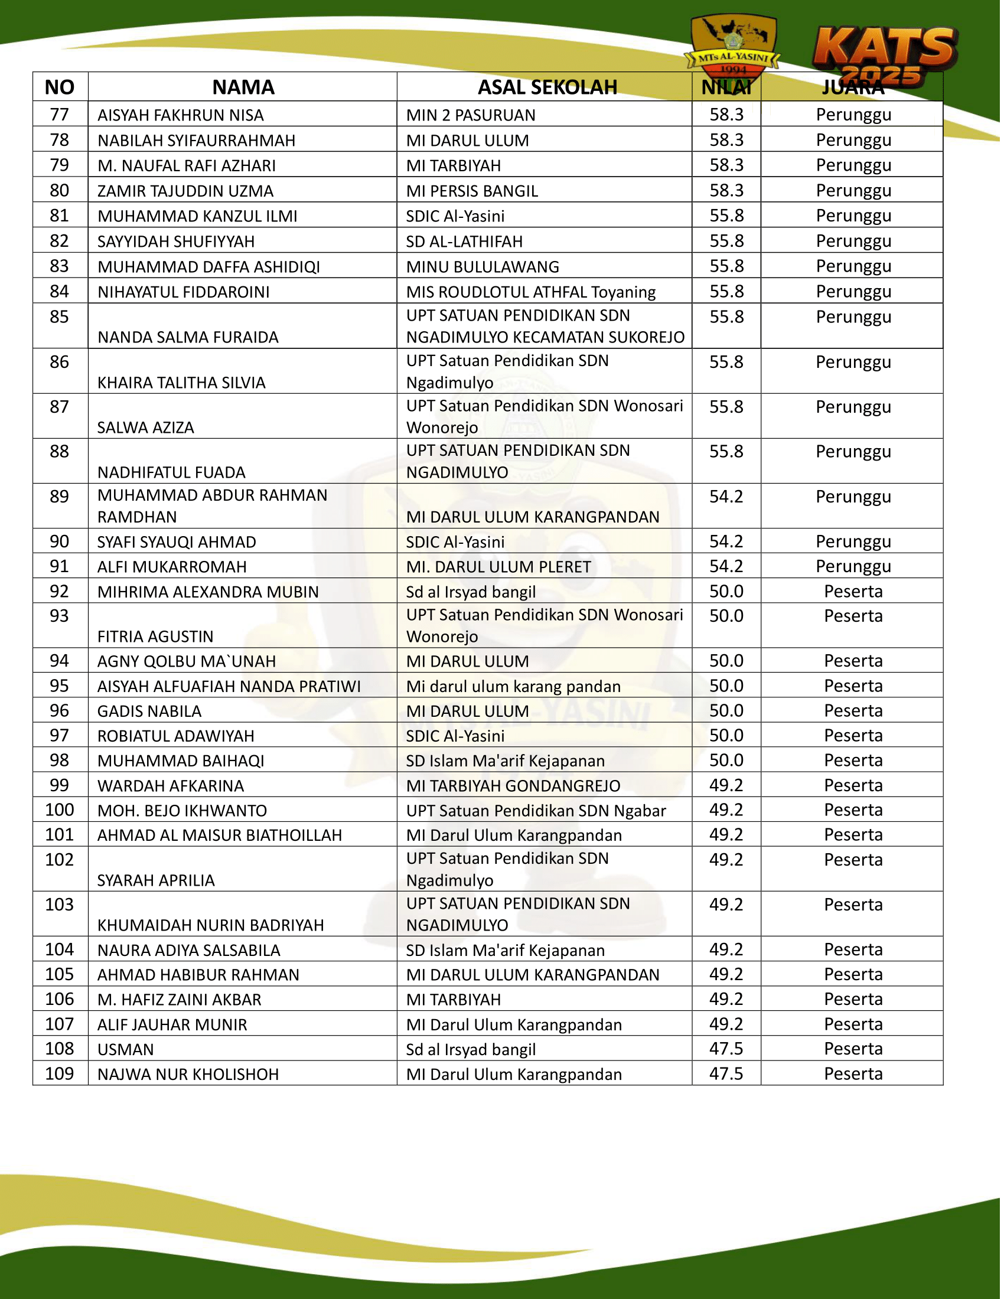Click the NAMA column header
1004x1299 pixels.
(x=244, y=87)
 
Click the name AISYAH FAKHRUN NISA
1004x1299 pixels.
(x=181, y=115)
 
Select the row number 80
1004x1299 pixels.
(x=60, y=191)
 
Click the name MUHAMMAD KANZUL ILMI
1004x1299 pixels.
(x=198, y=217)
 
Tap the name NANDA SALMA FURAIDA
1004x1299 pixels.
(x=188, y=338)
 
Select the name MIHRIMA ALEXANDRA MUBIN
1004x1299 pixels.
(x=208, y=592)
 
